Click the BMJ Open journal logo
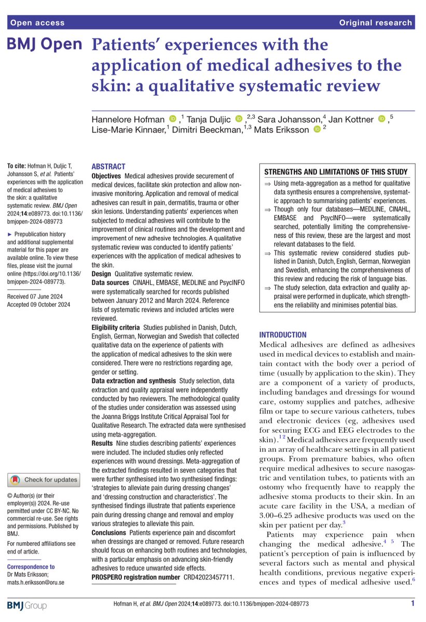(x=45, y=45)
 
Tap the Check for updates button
(x=44, y=480)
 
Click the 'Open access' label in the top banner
(x=37, y=23)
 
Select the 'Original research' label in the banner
(x=376, y=23)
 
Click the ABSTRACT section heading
(x=108, y=166)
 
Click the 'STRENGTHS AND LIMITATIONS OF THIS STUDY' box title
(x=336, y=172)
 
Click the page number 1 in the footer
(x=413, y=603)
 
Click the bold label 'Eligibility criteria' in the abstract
(x=115, y=328)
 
